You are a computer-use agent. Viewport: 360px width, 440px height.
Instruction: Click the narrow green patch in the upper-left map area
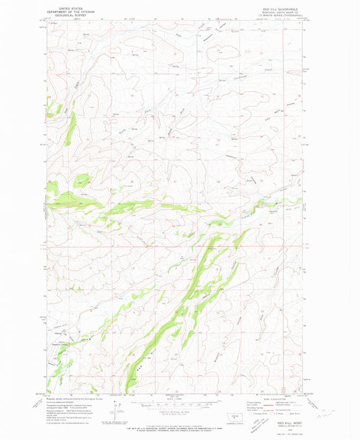70,128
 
